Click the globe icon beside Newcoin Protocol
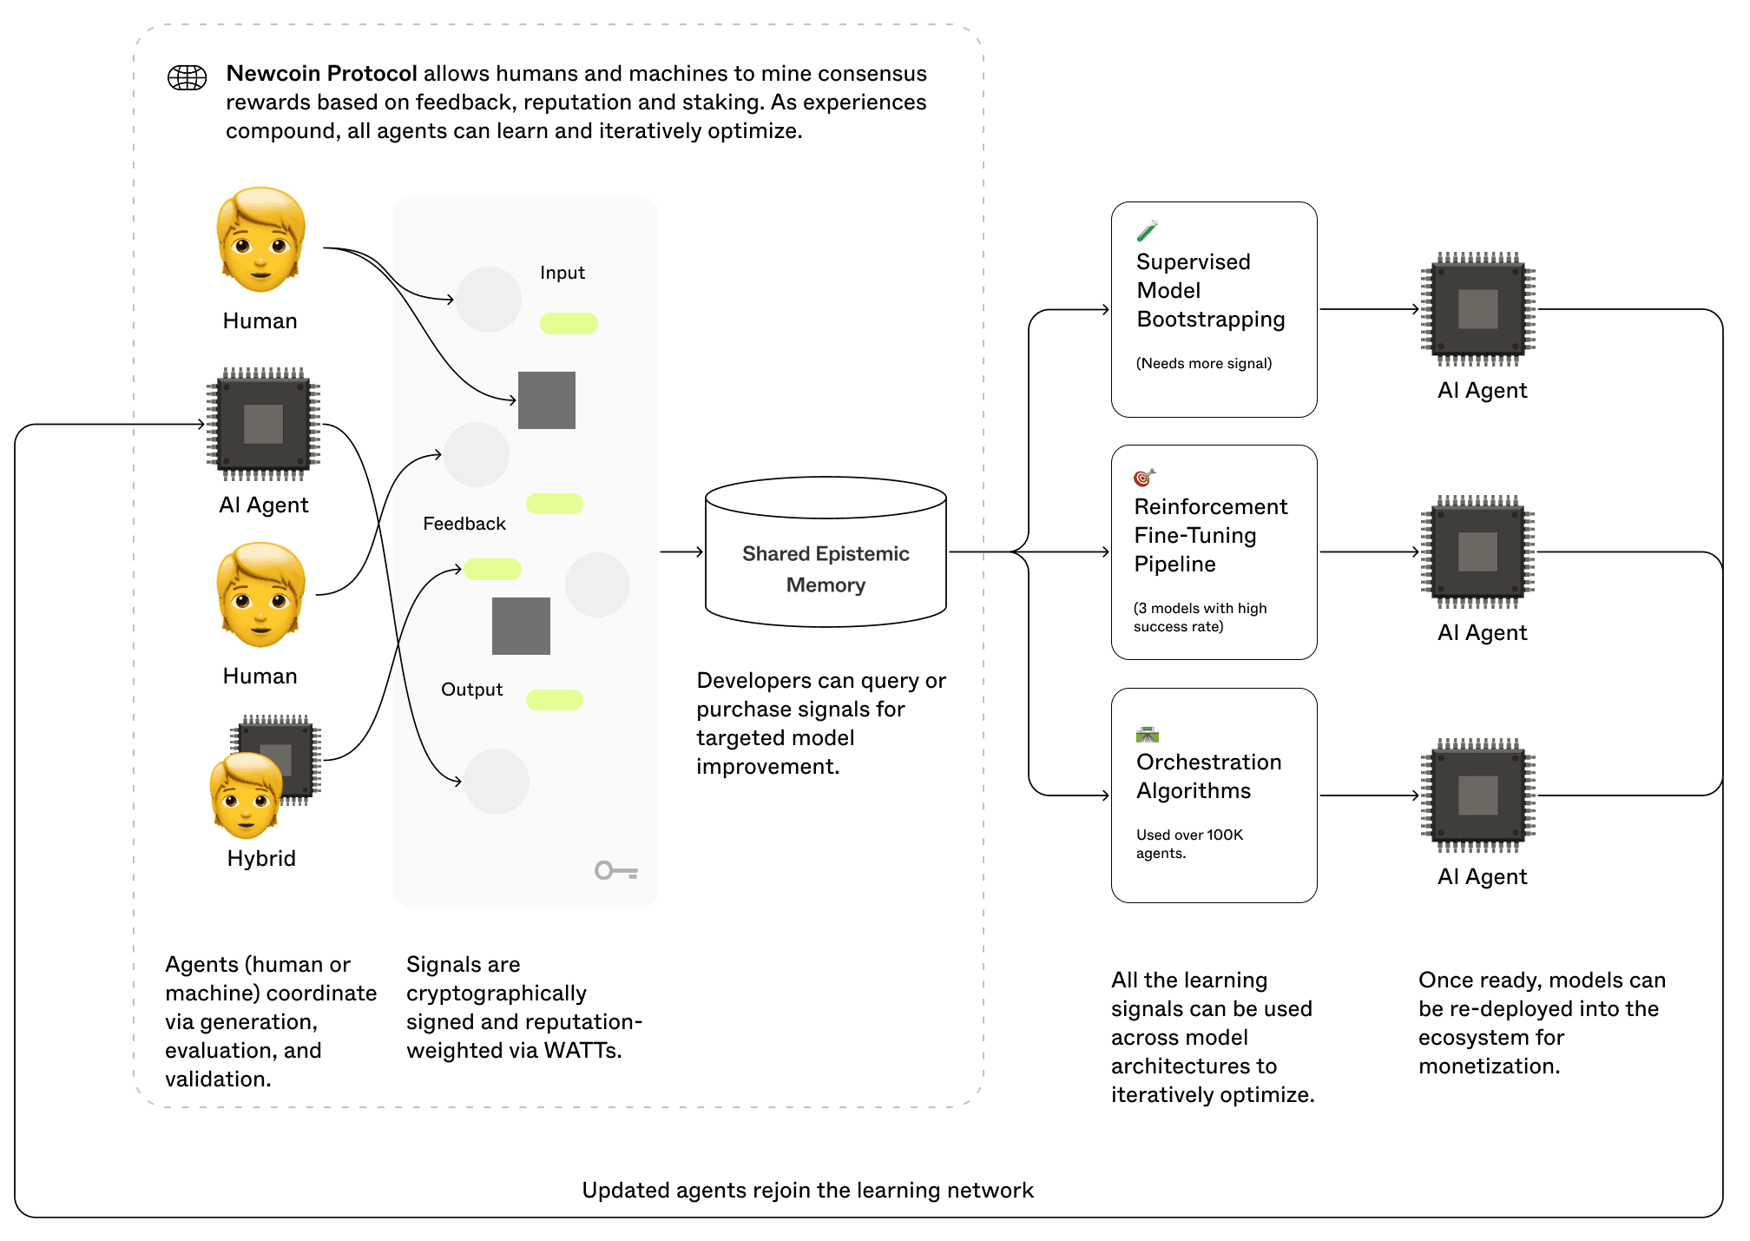point(187,77)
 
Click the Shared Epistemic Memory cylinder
point(826,552)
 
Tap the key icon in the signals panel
point(615,870)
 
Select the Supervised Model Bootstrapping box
point(1214,309)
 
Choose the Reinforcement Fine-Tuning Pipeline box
point(1214,552)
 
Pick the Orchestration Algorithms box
point(1214,795)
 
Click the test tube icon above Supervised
point(1147,230)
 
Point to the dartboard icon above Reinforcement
point(1144,477)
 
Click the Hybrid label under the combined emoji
point(261,858)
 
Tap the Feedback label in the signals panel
point(464,524)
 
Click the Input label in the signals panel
point(562,273)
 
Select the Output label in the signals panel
point(471,690)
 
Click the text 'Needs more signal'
point(1203,363)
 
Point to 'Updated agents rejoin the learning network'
point(807,1190)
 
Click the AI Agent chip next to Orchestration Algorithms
point(1477,795)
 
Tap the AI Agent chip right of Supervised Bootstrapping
point(1477,309)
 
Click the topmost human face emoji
point(260,240)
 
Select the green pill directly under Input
point(569,323)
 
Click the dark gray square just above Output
point(521,625)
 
